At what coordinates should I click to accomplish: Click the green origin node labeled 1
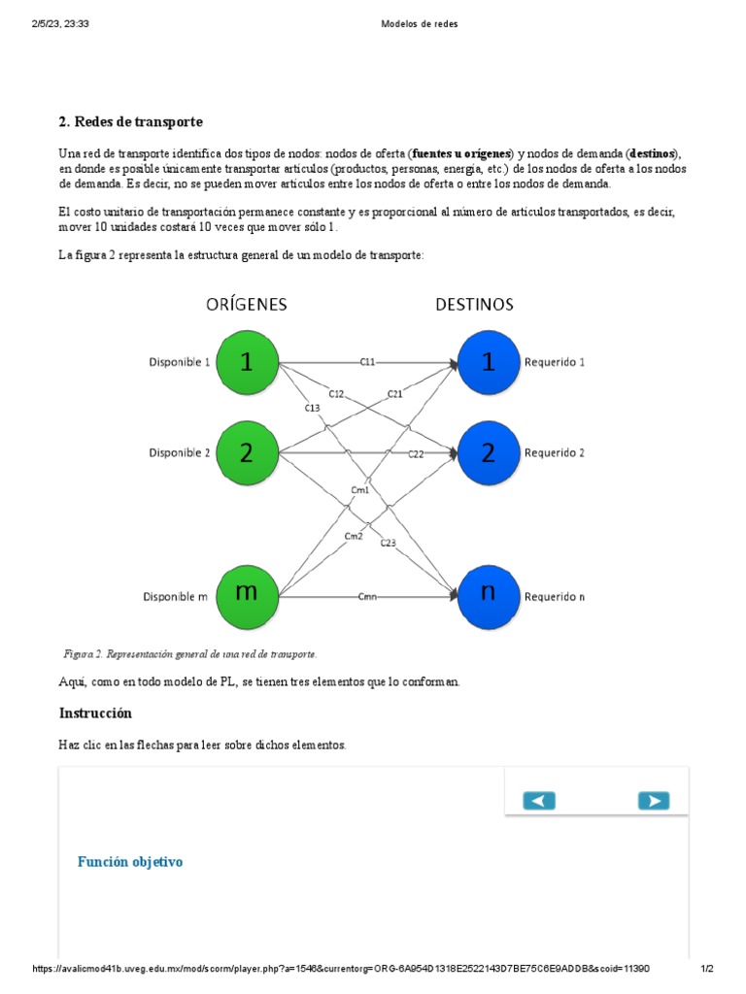tap(247, 363)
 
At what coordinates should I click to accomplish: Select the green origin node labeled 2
tap(247, 452)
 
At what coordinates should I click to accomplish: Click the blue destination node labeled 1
tap(488, 363)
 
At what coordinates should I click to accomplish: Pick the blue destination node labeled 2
tap(488, 452)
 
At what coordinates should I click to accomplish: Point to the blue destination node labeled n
tap(488, 595)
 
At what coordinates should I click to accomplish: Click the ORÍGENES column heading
tap(246, 304)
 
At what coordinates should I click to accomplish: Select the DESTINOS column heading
tap(474, 304)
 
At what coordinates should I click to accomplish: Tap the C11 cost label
tap(367, 363)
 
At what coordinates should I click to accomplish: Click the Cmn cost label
tap(367, 595)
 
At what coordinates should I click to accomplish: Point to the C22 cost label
tap(415, 453)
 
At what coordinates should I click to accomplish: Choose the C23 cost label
tap(388, 543)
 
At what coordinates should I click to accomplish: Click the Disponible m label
tap(176, 596)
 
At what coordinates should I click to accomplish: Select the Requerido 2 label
tap(555, 452)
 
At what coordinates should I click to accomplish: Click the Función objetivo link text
tap(130, 862)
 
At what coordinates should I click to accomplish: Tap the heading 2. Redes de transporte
tap(130, 121)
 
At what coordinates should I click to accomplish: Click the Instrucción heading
tap(95, 713)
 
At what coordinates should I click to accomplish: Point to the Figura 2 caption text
tap(188, 654)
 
